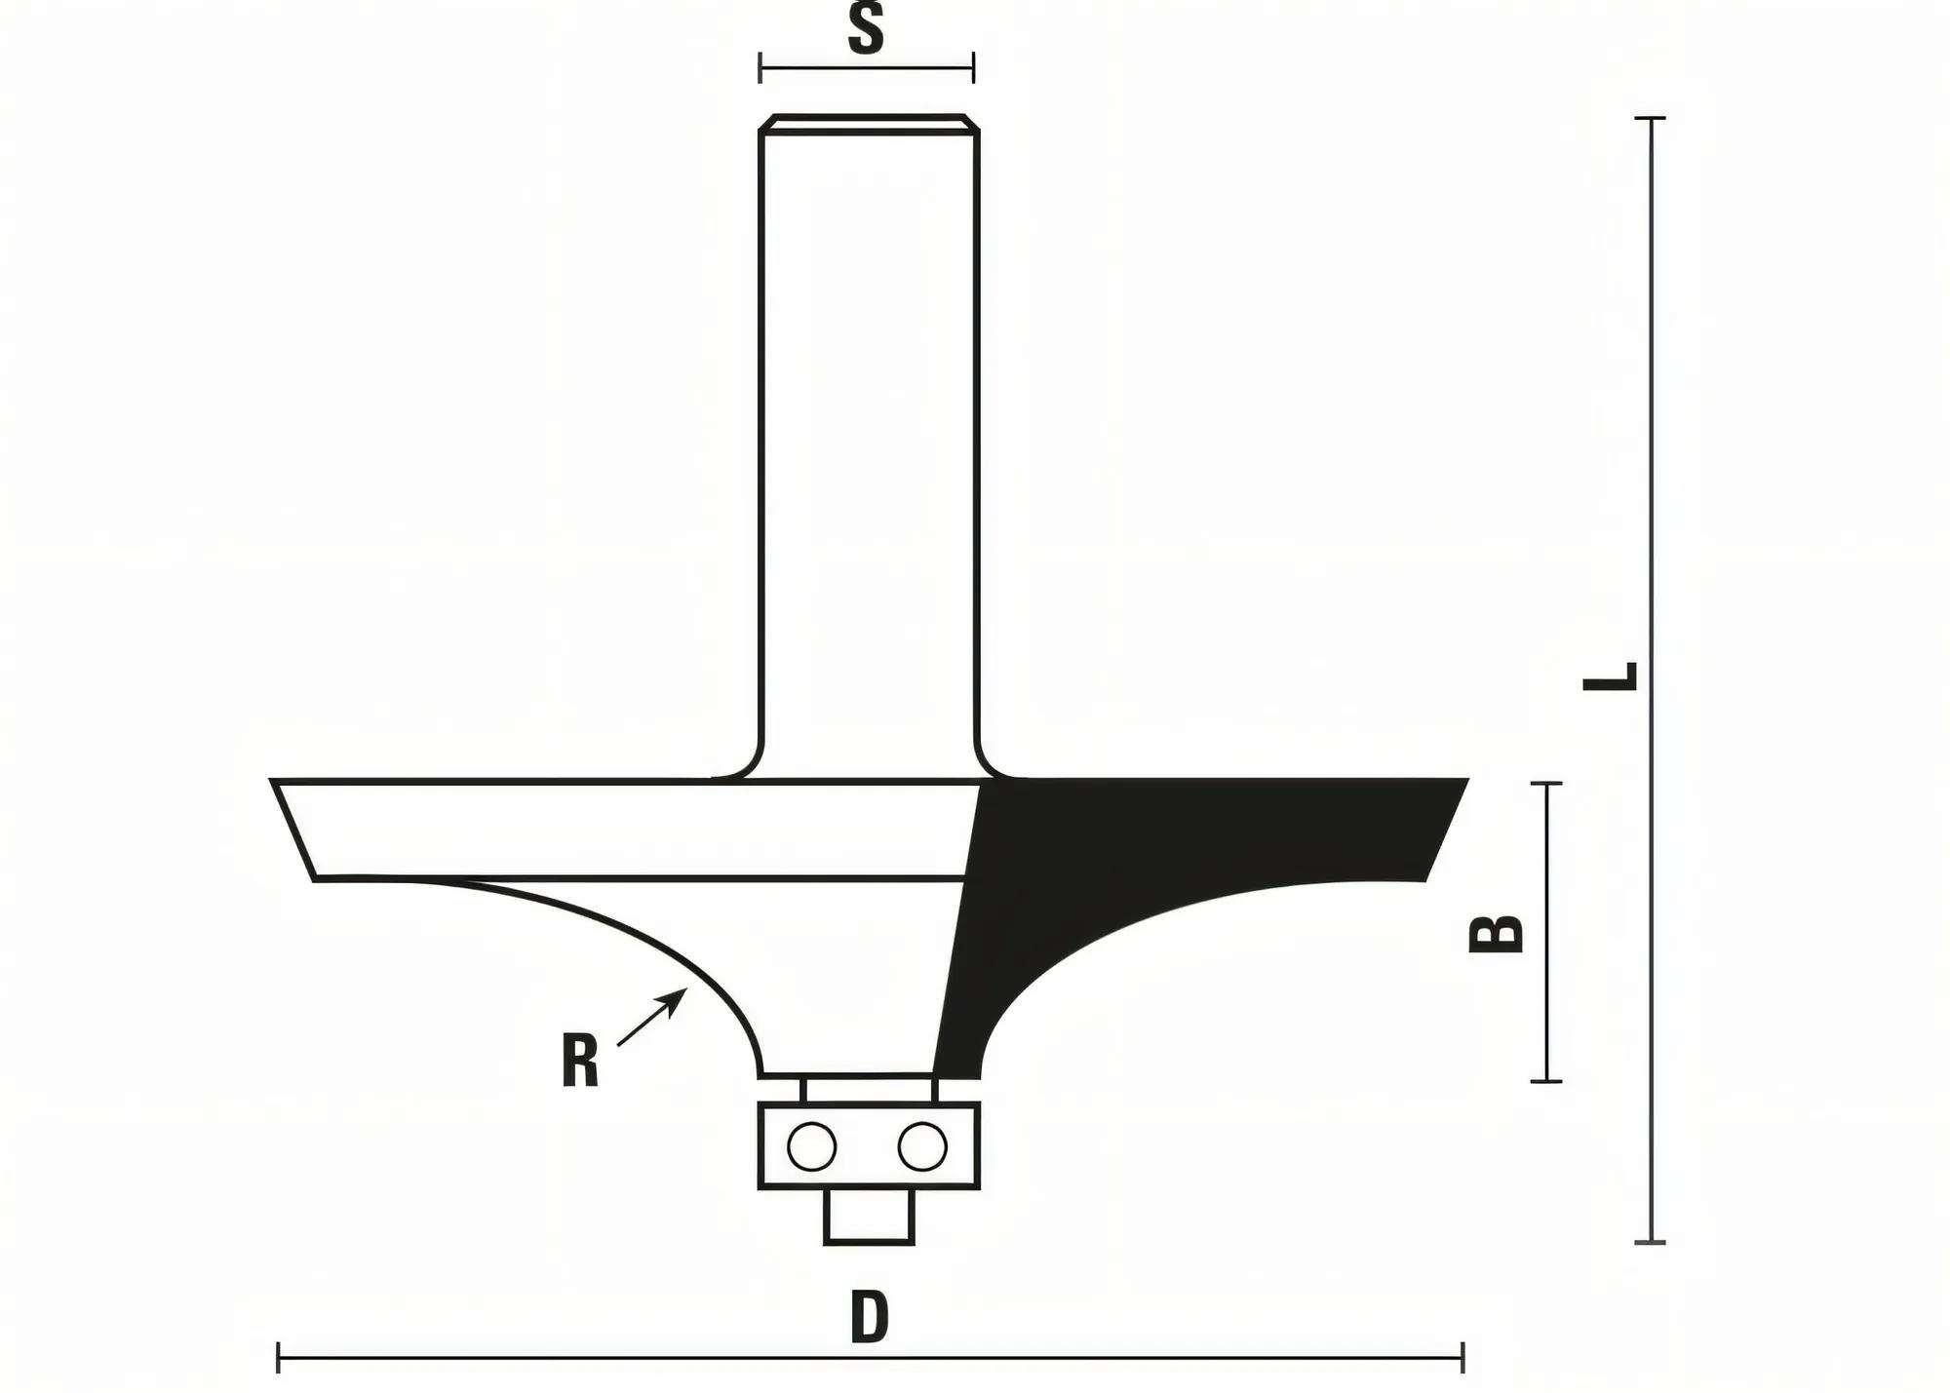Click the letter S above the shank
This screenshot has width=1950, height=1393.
pos(866,28)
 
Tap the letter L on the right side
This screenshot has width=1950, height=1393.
pos(1610,676)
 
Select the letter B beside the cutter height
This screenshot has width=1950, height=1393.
pos(1497,933)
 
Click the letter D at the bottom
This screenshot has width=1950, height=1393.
pos(869,1317)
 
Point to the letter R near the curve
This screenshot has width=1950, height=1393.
pos(580,1062)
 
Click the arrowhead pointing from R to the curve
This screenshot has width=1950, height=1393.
pos(679,997)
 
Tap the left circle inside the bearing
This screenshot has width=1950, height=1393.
pos(811,1146)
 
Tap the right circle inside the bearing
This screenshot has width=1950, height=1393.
pos(922,1146)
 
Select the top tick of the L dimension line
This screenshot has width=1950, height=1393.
pos(1650,118)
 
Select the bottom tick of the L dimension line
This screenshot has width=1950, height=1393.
pos(1650,1242)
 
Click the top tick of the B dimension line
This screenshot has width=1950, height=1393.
pos(1546,783)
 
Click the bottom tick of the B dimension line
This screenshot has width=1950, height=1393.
pos(1546,1081)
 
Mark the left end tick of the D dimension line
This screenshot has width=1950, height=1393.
pos(279,1357)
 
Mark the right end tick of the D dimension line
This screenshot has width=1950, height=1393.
pos(1462,1357)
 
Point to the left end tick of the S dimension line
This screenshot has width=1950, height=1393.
pos(760,68)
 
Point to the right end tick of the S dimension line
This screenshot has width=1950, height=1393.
pos(973,68)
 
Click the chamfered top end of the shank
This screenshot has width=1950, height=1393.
pos(869,123)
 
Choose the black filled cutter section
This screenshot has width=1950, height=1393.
pos(1170,838)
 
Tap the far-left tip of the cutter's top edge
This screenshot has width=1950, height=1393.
pos(273,781)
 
